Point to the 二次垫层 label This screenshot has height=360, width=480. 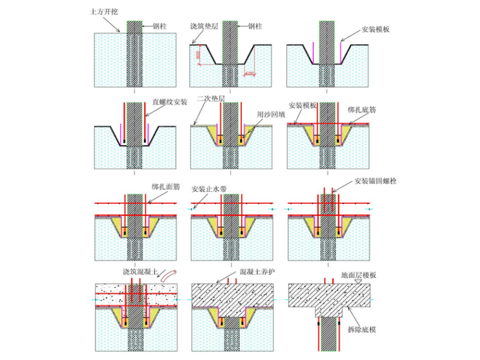point(208,100)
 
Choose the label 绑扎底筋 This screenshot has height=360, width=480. point(363,109)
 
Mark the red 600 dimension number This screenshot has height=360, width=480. point(249,73)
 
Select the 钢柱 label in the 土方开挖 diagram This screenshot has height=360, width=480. point(160,27)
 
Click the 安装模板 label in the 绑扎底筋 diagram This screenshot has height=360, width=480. point(303,105)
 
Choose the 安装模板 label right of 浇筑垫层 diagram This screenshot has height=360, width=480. point(377,29)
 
